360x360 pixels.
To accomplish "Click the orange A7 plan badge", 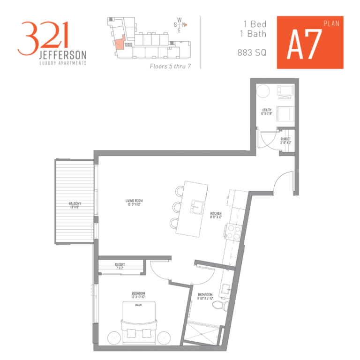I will (310, 42).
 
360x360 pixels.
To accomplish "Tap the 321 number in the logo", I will (43, 37).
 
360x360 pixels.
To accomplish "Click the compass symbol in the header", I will (180, 24).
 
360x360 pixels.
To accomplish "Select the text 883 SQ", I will (252, 53).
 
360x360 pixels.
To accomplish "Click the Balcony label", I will (75, 205).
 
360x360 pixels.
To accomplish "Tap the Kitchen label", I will (216, 216).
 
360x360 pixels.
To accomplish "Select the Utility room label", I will (267, 112).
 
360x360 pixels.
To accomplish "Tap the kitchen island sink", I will (197, 207).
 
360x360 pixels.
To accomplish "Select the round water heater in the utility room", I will (263, 90).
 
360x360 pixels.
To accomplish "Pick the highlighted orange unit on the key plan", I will (120, 44).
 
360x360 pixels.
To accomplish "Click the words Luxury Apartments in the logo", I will (62, 63).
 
